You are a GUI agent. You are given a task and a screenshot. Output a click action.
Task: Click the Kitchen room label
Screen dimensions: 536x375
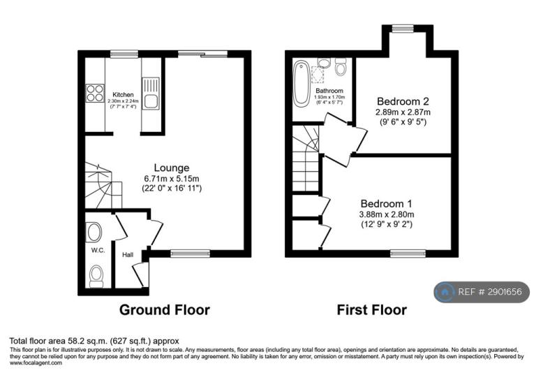click(123, 95)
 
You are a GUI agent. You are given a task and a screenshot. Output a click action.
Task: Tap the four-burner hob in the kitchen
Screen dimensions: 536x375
click(95, 93)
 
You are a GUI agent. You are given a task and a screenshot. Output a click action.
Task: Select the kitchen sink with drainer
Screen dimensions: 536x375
click(151, 94)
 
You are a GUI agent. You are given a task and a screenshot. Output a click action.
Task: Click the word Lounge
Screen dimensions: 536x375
click(172, 168)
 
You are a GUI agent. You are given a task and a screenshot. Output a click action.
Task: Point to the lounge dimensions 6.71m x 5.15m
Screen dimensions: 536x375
click(172, 178)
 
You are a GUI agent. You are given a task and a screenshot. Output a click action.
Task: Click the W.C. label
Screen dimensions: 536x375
click(98, 251)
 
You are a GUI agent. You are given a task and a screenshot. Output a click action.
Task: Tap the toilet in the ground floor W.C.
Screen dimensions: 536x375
click(96, 276)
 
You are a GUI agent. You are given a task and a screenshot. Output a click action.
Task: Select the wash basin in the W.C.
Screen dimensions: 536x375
click(94, 233)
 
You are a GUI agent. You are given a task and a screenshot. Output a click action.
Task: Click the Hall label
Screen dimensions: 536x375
click(128, 255)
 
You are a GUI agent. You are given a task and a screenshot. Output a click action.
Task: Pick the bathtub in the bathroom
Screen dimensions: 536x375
click(301, 82)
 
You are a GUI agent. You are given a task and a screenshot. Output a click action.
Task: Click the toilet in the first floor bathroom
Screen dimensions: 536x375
click(341, 67)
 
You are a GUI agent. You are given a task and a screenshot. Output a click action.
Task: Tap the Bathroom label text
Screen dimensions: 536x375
click(329, 91)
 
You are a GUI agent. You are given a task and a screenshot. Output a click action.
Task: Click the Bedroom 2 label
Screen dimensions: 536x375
click(403, 101)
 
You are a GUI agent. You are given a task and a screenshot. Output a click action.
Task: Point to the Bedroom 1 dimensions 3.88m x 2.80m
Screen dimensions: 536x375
click(387, 214)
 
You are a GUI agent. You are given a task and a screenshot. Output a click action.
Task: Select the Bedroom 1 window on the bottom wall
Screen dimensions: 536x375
click(408, 253)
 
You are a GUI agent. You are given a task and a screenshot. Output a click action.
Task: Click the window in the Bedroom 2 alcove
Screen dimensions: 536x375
click(403, 29)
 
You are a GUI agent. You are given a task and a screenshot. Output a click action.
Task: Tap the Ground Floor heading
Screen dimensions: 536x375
click(165, 310)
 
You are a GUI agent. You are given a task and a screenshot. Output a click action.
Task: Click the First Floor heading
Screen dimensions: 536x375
click(372, 310)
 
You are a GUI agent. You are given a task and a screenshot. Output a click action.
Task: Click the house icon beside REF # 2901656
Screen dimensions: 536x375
click(445, 292)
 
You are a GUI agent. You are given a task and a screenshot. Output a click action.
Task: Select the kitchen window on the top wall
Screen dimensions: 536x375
click(124, 54)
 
